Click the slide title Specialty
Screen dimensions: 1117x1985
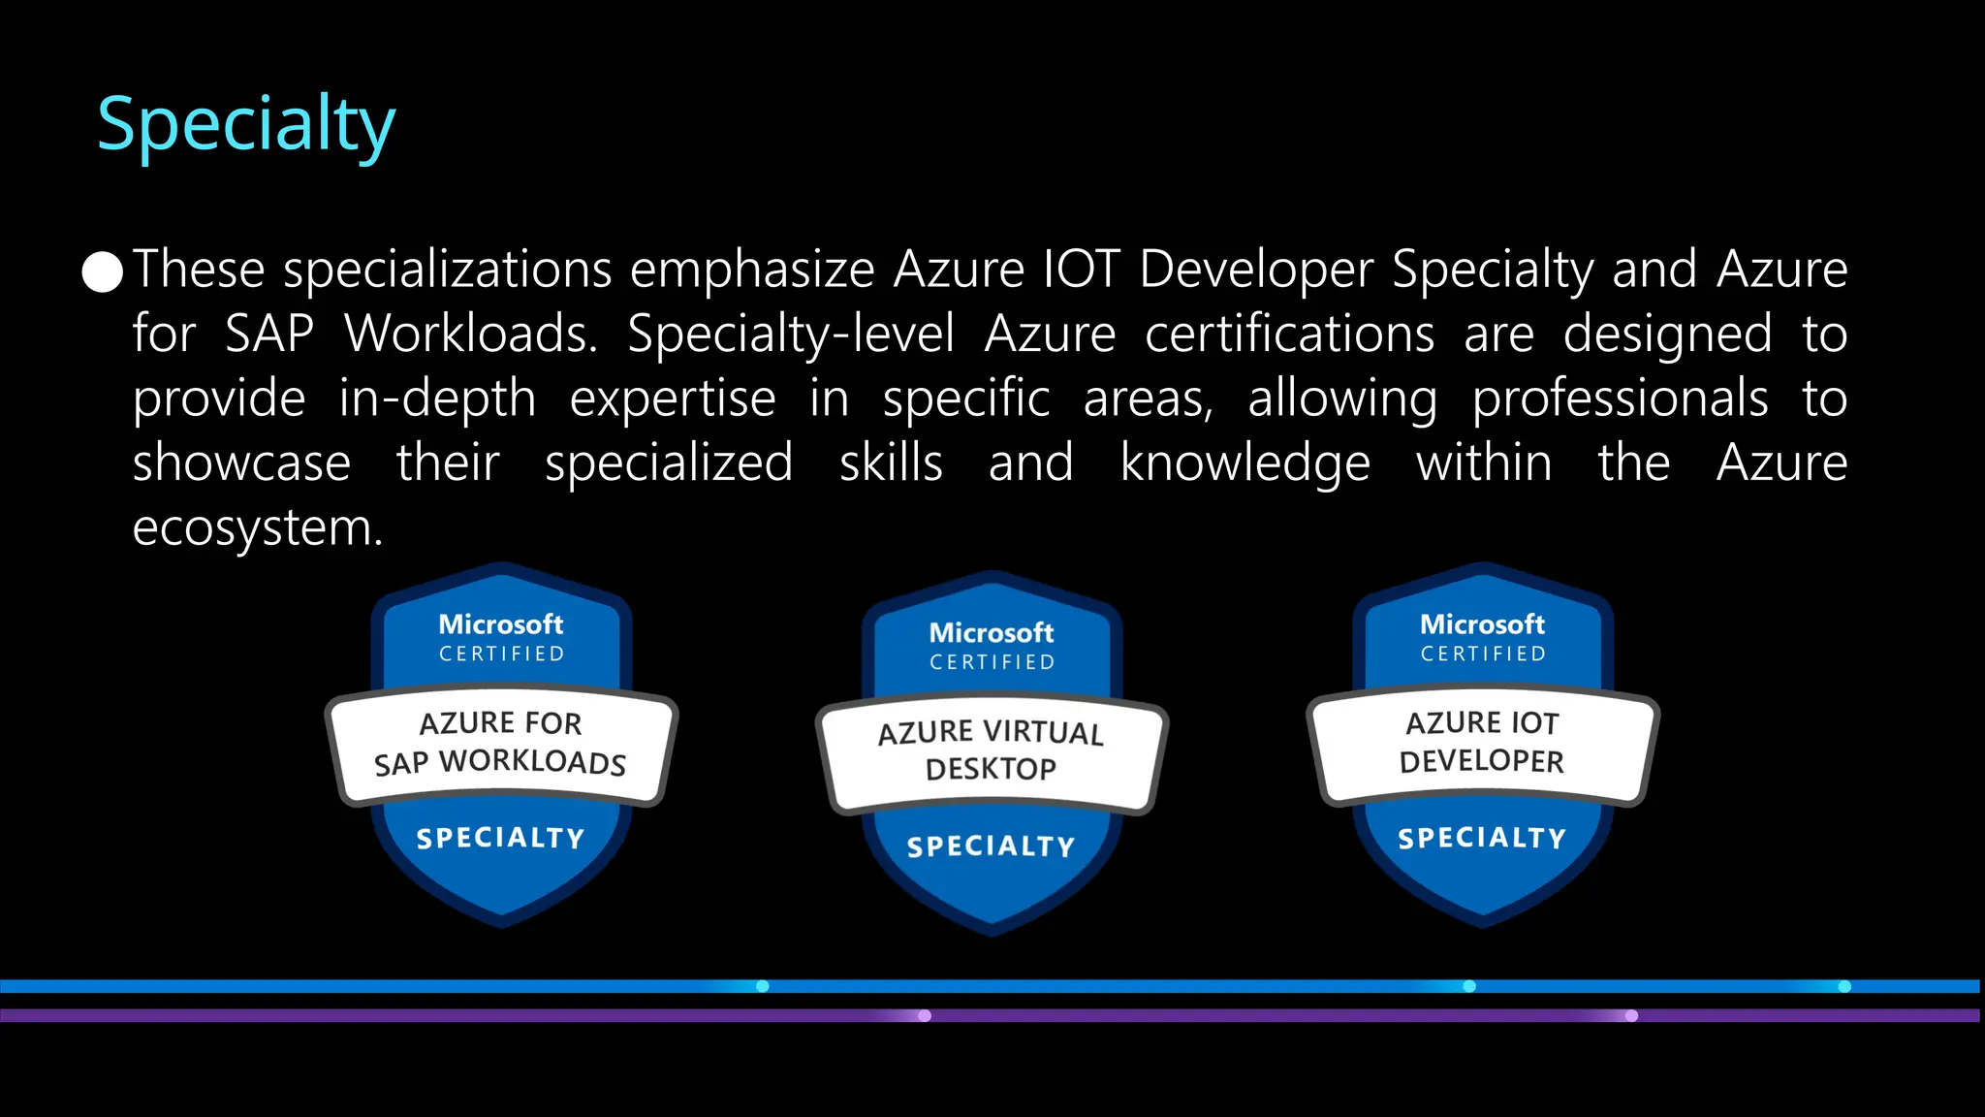click(x=246, y=125)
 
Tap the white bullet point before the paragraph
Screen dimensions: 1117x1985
click(x=103, y=271)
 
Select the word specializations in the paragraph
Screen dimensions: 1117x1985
click(x=447, y=271)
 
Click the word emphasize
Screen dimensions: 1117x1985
click(x=752, y=271)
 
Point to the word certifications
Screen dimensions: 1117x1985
click(x=1289, y=335)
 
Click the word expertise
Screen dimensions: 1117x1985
click(x=673, y=399)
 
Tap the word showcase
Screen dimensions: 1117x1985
click(x=241, y=463)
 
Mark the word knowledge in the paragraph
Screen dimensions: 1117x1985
click(x=1245, y=464)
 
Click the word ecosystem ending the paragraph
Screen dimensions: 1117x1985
click(x=257, y=529)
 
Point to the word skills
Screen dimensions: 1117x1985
click(x=891, y=463)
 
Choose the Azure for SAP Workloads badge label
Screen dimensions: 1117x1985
click(x=500, y=744)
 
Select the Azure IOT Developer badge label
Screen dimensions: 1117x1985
click(x=1482, y=743)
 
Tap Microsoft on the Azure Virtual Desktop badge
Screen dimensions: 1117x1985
click(x=991, y=633)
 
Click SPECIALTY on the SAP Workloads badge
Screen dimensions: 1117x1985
click(x=500, y=839)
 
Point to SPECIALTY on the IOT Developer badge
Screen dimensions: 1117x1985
click(x=1482, y=839)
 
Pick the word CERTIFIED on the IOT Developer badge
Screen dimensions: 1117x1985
click(x=1483, y=654)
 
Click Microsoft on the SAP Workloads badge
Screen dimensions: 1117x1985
click(x=500, y=624)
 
